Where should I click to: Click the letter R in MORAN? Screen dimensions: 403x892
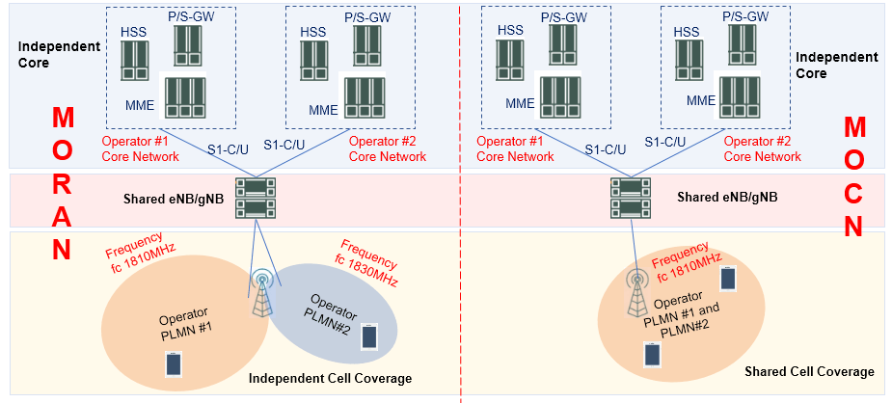tap(62, 184)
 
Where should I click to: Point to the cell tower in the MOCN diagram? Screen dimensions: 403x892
tap(636, 295)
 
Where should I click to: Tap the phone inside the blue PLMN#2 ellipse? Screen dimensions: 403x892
tap(367, 336)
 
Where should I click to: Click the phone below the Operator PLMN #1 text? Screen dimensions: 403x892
tap(172, 363)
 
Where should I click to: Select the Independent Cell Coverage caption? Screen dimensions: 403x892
tap(330, 379)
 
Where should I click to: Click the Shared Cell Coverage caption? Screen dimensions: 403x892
tap(809, 371)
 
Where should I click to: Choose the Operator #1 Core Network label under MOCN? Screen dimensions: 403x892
tap(516, 148)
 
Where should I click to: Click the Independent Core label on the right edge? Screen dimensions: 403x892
tap(836, 66)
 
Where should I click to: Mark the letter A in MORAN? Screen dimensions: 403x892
tap(62, 217)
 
